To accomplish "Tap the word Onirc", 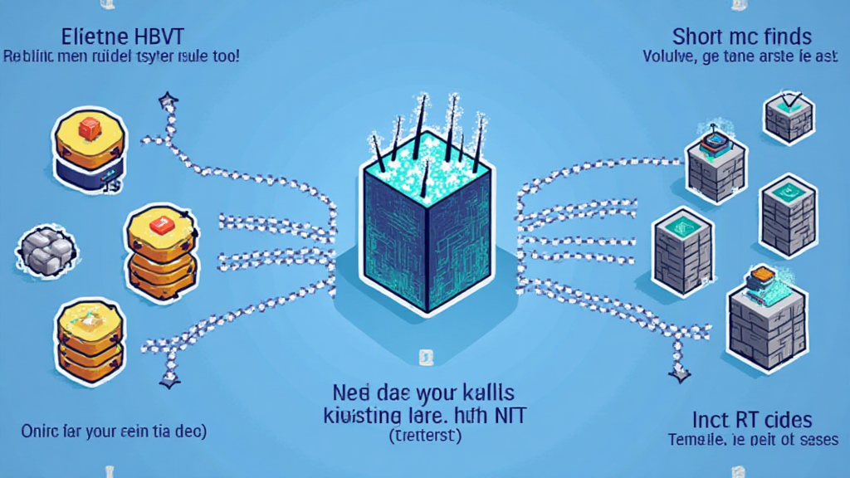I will (x=41, y=431).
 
